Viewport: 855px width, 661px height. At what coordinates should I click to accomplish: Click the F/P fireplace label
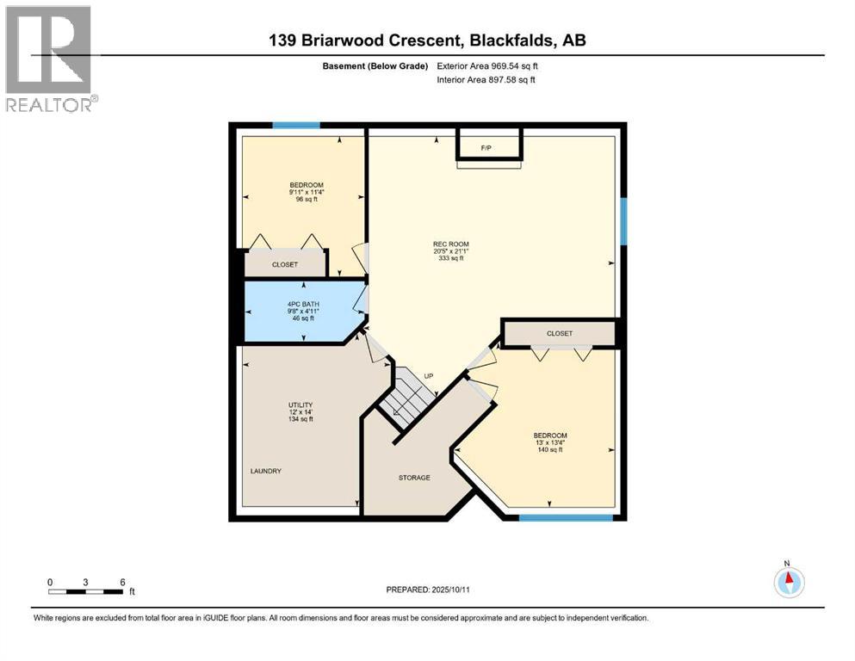click(x=486, y=148)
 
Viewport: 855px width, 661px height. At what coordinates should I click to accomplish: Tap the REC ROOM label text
click(x=450, y=250)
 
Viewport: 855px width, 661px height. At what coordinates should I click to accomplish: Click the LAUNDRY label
click(x=266, y=471)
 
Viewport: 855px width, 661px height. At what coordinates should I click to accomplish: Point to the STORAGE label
click(x=414, y=478)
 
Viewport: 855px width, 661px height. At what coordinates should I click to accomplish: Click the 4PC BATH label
click(x=300, y=310)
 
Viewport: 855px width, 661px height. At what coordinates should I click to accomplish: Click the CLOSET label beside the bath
click(x=285, y=265)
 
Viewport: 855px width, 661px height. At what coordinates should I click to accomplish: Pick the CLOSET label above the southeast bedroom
click(x=559, y=333)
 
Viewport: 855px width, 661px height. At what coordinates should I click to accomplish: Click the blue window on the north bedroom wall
click(x=296, y=126)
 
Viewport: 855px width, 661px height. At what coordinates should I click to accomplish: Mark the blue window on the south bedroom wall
click(x=566, y=517)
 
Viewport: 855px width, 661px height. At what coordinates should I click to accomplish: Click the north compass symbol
click(x=788, y=582)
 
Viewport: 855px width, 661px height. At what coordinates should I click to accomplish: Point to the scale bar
click(x=85, y=591)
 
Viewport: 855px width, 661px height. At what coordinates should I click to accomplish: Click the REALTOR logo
click(x=49, y=59)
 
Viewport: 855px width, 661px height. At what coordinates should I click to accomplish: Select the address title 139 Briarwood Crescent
click(x=428, y=40)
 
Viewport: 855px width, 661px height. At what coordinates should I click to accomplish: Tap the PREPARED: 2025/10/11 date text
click(x=427, y=590)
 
